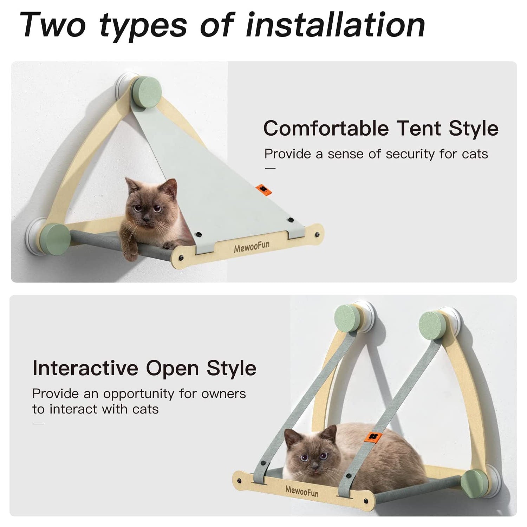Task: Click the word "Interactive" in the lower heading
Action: pyautogui.click(x=85, y=368)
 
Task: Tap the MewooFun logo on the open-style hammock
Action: pyautogui.click(x=302, y=491)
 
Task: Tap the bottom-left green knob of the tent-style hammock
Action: pyautogui.click(x=56, y=239)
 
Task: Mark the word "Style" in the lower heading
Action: pyautogui.click(x=231, y=368)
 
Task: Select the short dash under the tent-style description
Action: pyautogui.click(x=270, y=168)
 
